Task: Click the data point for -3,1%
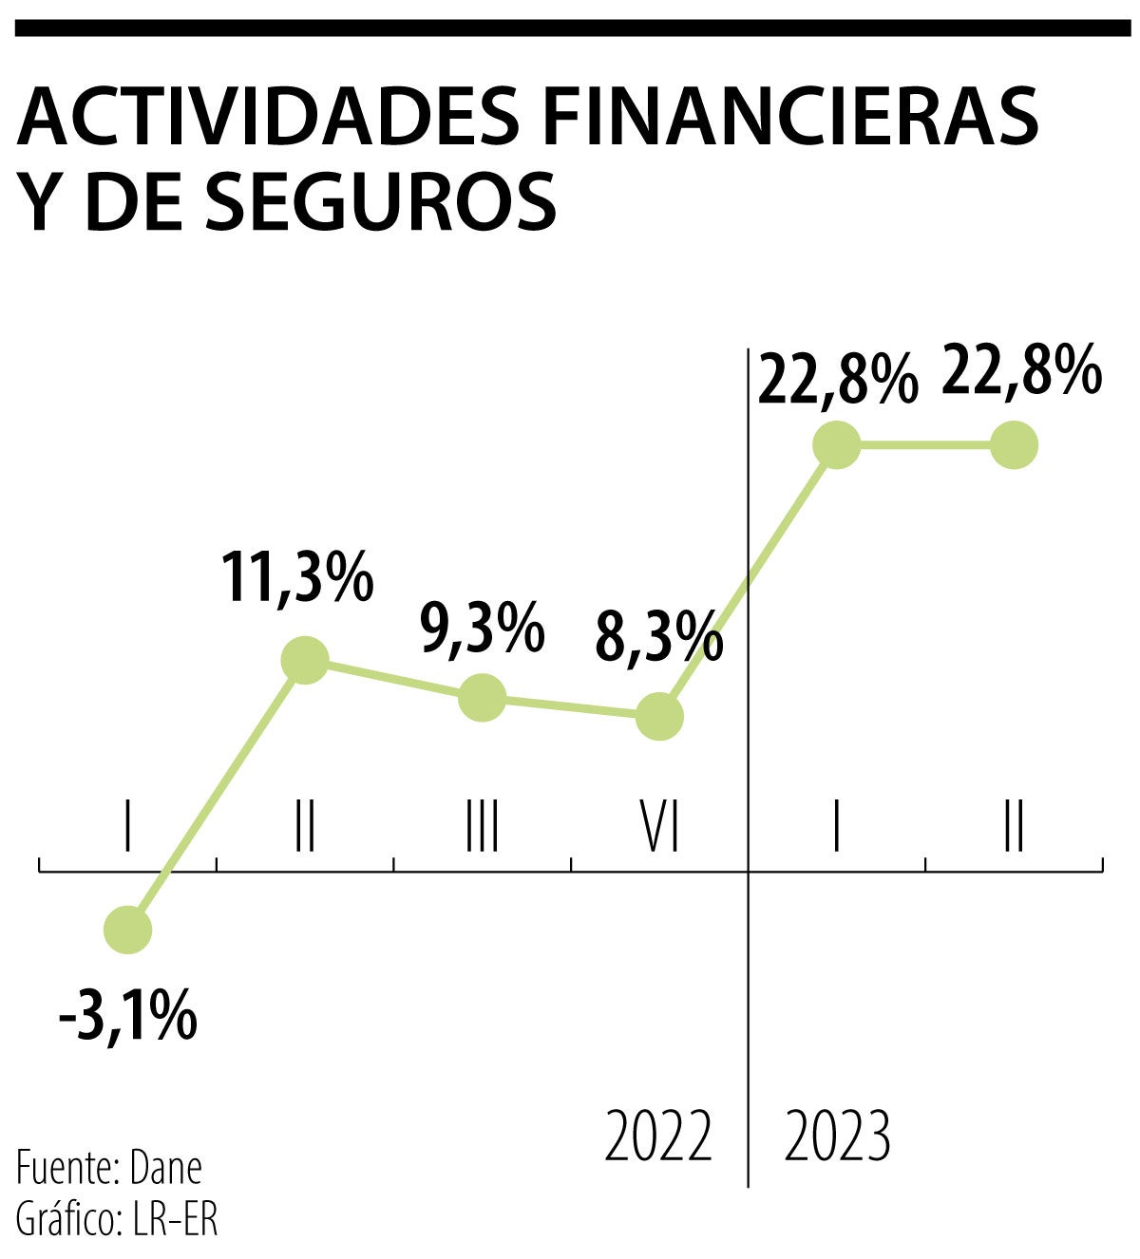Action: [x=127, y=929]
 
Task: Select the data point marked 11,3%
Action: [x=305, y=659]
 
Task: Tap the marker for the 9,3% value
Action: [x=482, y=698]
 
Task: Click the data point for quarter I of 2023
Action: [x=837, y=444]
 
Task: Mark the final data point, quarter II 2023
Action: [x=1014, y=444]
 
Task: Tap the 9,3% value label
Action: [x=482, y=628]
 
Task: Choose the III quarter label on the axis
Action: [x=482, y=826]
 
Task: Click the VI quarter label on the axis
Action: [x=658, y=826]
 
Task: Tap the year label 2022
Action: [x=658, y=1136]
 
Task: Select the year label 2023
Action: [x=837, y=1136]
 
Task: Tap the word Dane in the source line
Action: [x=165, y=1168]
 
